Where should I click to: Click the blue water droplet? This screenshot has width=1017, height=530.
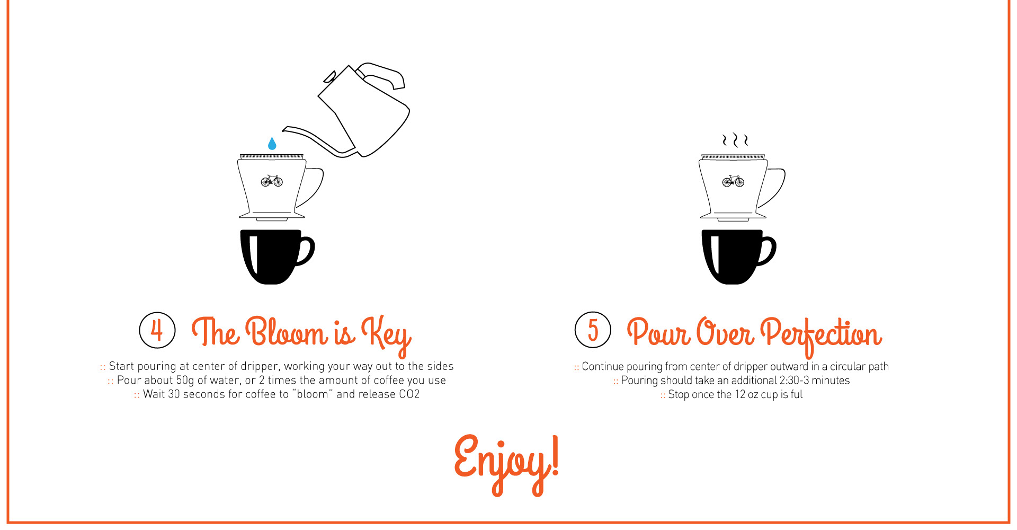(x=272, y=144)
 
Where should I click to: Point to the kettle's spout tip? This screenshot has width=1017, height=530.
(x=285, y=129)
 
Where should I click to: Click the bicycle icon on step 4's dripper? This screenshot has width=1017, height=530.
(x=272, y=181)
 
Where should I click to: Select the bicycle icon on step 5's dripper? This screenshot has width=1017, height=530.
(x=733, y=181)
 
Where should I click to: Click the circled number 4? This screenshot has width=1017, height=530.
(x=157, y=330)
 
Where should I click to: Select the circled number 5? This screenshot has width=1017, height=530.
(x=593, y=330)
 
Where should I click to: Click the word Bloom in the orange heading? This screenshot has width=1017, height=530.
(x=287, y=333)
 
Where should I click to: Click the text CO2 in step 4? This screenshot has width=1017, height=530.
(x=409, y=394)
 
